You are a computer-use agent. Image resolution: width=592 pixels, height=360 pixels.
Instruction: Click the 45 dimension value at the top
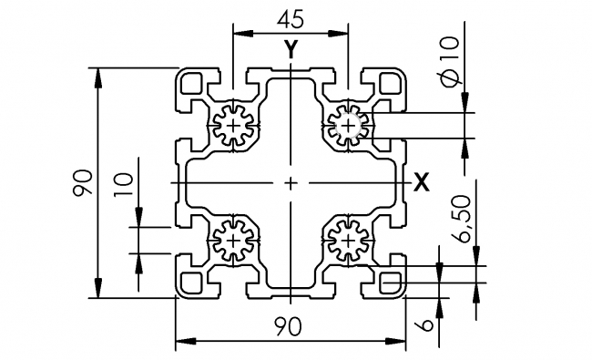tap(290, 19)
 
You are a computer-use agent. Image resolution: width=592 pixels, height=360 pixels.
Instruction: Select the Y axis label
tap(290, 51)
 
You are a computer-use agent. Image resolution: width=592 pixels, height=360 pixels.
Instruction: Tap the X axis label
tap(421, 182)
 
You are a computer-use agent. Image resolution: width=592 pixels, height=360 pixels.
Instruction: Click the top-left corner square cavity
tap(193, 84)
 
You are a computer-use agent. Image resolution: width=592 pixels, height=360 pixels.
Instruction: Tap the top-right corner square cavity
tap(390, 84)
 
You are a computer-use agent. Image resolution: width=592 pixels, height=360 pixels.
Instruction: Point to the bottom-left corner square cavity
tap(193, 282)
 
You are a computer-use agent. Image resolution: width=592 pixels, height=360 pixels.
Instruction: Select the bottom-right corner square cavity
tap(390, 282)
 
